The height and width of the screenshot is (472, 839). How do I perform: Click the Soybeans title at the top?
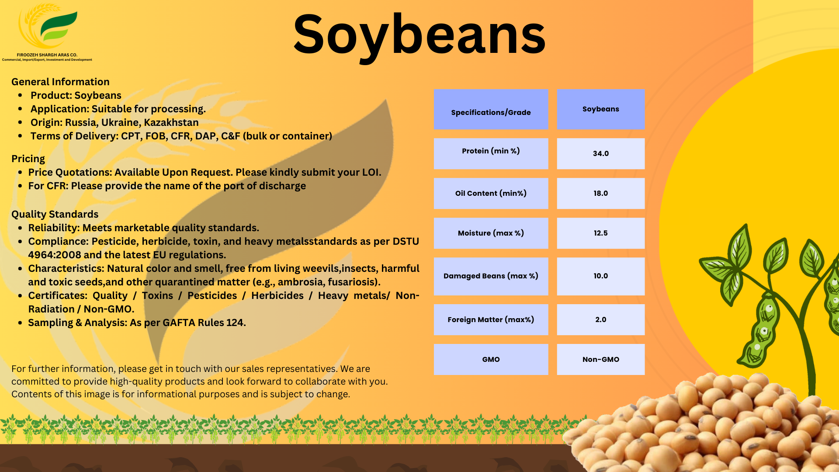pyautogui.click(x=419, y=35)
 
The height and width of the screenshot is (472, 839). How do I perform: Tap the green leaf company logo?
pyautogui.click(x=55, y=26)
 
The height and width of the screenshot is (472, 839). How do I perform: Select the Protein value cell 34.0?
pyautogui.click(x=600, y=153)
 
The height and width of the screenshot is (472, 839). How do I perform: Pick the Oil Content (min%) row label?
pyautogui.click(x=491, y=193)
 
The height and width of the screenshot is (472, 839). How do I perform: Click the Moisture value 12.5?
pyautogui.click(x=600, y=233)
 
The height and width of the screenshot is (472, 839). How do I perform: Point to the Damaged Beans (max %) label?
pyautogui.click(x=491, y=276)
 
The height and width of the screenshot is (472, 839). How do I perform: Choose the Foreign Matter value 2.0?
pyautogui.click(x=600, y=319)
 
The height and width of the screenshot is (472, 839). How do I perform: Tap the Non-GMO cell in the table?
pyautogui.click(x=600, y=359)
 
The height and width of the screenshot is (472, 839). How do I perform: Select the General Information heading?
pyautogui.click(x=60, y=82)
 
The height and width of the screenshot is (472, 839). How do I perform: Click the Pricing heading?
pyautogui.click(x=28, y=159)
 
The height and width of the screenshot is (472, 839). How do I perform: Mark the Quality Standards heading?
pyautogui.click(x=55, y=214)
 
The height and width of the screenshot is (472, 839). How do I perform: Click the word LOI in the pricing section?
pyautogui.click(x=370, y=172)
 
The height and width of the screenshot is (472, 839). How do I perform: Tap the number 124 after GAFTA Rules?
pyautogui.click(x=235, y=323)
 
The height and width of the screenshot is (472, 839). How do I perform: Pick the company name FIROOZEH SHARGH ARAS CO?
pyautogui.click(x=47, y=55)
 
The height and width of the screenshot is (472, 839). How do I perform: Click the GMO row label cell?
pyautogui.click(x=491, y=359)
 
